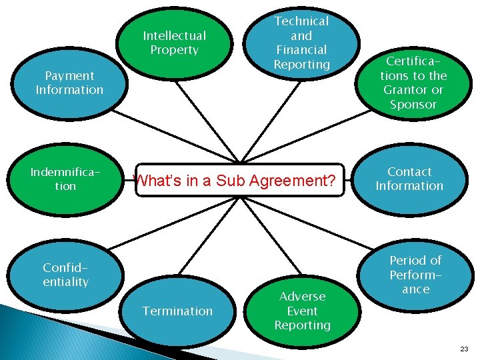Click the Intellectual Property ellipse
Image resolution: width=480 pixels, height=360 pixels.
[175, 43]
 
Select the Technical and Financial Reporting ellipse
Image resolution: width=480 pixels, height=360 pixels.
[302, 43]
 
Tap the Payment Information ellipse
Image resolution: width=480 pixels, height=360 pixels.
[69, 83]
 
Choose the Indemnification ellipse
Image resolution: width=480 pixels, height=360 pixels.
[65, 179]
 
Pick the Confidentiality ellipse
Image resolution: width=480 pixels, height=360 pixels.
[65, 275]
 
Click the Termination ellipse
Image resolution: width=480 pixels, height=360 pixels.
[177, 311]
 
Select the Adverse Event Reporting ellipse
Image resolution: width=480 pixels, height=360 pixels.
[302, 311]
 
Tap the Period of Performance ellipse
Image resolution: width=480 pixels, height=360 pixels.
[415, 275]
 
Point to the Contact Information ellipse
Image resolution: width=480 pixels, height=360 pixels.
[409, 179]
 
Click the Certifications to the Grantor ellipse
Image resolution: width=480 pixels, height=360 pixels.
[413, 83]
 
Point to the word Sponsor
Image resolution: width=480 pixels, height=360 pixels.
[413, 105]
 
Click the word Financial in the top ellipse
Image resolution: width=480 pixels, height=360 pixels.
[302, 50]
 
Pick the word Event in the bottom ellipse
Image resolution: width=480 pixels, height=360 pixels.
[302, 311]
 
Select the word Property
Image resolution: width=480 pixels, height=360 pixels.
[175, 50]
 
